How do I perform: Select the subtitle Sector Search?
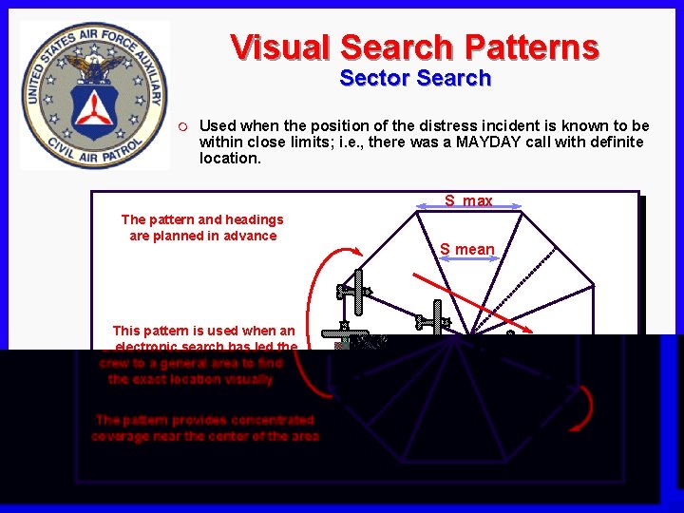coord(415,78)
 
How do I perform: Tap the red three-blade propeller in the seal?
coord(93,111)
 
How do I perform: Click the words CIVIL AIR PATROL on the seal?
coord(93,152)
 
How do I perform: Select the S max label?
coord(468,200)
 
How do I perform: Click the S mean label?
coord(466,249)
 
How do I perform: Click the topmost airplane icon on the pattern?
coord(355,292)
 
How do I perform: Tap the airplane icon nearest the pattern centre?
coord(436,317)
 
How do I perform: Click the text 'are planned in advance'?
coord(202,236)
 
